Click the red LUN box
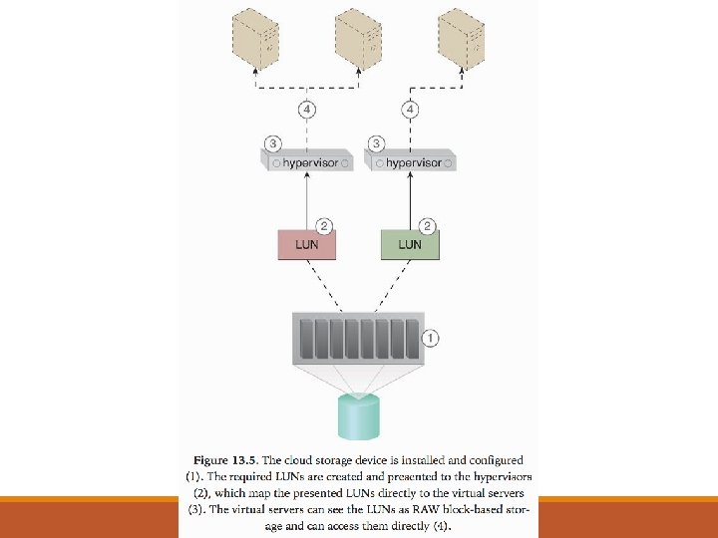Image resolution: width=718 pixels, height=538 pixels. pos(307,244)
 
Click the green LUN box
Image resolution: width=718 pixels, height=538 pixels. pos(409,244)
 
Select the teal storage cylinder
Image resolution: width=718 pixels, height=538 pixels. pos(359,416)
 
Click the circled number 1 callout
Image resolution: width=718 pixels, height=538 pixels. pos(430,338)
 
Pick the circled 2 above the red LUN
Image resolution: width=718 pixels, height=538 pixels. pos(323,226)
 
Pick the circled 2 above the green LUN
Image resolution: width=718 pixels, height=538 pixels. pos(426,226)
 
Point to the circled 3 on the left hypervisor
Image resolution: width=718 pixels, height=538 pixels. pos(266,143)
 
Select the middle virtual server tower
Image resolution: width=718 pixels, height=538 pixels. pos(359,36)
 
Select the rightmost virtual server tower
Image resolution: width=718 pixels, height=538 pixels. pos(462,36)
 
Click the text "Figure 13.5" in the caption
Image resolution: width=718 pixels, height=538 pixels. pos(224,460)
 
